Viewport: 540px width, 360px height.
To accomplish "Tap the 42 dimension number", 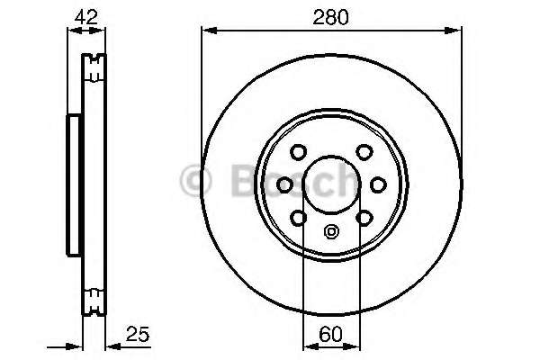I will pyautogui.click(x=86, y=16).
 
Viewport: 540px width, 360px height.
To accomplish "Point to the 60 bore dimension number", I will pyautogui.click(x=331, y=335).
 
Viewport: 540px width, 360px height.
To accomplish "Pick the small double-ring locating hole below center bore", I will pyautogui.click(x=330, y=230).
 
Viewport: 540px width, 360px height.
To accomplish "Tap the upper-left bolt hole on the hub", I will pyautogui.click(x=300, y=152).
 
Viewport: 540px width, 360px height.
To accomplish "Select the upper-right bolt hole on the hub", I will pyautogui.click(x=364, y=152).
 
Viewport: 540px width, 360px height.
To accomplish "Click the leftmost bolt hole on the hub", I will pyautogui.click(x=285, y=184).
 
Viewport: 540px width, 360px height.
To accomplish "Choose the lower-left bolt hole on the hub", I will pyautogui.click(x=298, y=217).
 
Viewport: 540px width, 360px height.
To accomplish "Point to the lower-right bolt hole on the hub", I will pyautogui.click(x=364, y=217).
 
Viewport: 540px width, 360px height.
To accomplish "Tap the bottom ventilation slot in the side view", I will pyautogui.click(x=94, y=297).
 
